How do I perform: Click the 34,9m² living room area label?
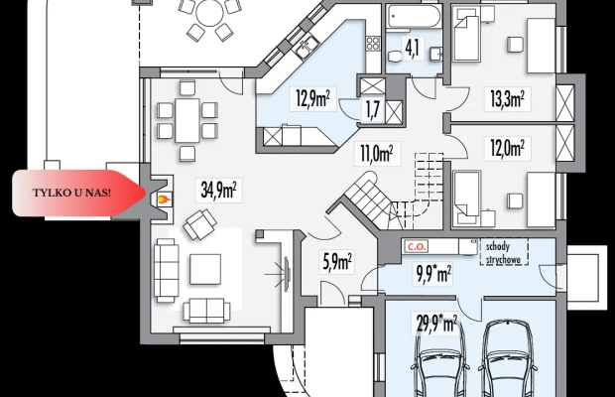[x=218, y=190]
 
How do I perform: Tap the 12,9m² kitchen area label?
[x=312, y=98]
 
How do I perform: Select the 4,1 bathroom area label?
[x=413, y=48]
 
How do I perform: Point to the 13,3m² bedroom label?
[x=508, y=98]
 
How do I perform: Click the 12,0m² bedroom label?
[x=508, y=148]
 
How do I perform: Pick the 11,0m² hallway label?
[x=377, y=154]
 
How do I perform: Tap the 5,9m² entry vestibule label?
[x=337, y=261]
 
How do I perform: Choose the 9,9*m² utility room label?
[x=433, y=273]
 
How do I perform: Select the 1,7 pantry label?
[x=373, y=110]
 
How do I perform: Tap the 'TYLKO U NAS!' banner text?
[x=71, y=193]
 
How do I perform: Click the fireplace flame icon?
[x=164, y=199]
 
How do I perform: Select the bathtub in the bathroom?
[x=414, y=17]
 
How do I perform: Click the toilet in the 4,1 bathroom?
[x=396, y=57]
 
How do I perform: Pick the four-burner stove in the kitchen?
[x=373, y=43]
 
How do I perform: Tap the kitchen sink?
[x=307, y=47]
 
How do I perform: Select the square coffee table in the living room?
[x=205, y=269]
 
